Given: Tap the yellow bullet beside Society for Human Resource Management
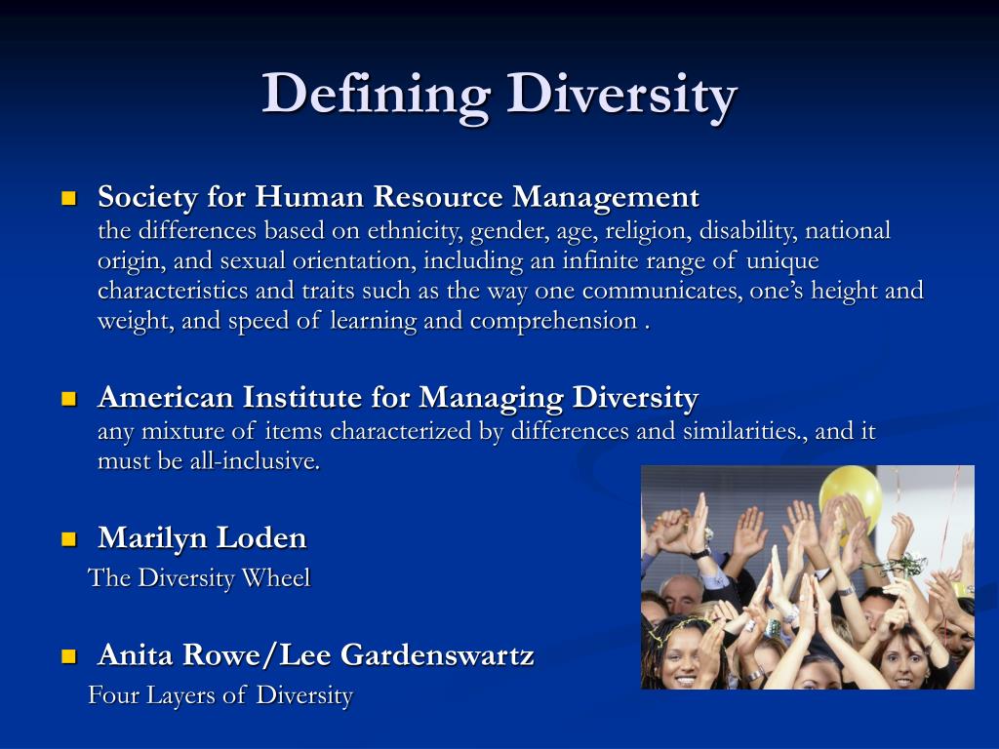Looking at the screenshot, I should pyautogui.click(x=68, y=199).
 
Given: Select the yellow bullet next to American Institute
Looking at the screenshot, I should pyautogui.click(x=68, y=398).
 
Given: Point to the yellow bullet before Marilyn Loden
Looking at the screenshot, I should pyautogui.click(x=68, y=538).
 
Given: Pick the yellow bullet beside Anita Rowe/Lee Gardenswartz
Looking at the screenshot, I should pyautogui.click(x=68, y=655).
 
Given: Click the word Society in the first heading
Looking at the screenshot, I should pyautogui.click(x=147, y=198).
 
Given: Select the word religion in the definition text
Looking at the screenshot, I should pyautogui.click(x=643, y=231).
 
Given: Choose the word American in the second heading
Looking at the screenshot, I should pyautogui.click(x=166, y=398).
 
